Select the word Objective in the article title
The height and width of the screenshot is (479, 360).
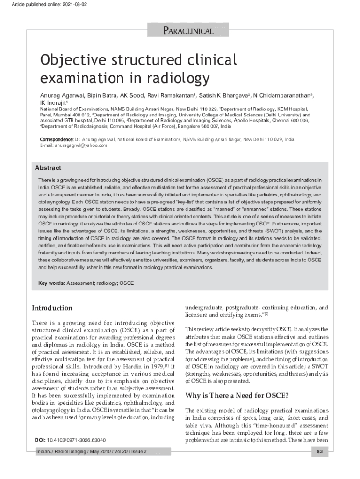(x=69, y=61)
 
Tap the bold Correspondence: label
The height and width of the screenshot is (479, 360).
(x=56, y=139)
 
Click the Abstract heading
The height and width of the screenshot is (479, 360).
(x=48, y=168)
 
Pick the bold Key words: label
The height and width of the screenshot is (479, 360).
(x=51, y=283)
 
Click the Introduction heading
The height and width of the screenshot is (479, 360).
(x=52, y=308)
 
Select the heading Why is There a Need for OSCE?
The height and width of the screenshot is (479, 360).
(x=237, y=396)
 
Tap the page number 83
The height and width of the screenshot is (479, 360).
(x=320, y=452)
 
